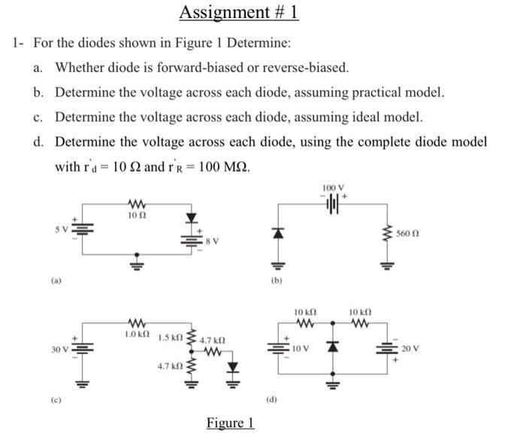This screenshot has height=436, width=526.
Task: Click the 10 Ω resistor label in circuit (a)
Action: pyautogui.click(x=137, y=216)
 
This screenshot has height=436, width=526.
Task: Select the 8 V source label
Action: pyautogui.click(x=213, y=241)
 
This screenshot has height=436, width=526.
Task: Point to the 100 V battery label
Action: pyautogui.click(x=332, y=186)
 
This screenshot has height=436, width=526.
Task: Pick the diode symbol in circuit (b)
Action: pyautogui.click(x=277, y=234)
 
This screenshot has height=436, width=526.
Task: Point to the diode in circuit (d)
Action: pyautogui.click(x=331, y=348)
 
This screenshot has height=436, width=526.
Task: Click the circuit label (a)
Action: pyautogui.click(x=57, y=280)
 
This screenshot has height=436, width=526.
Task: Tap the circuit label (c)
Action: pyautogui.click(x=57, y=410)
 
